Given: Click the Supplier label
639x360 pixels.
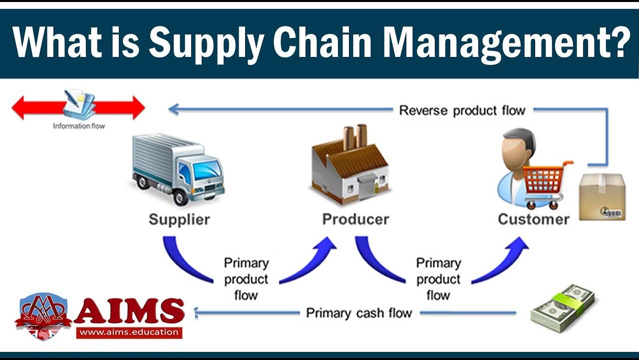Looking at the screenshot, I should (x=179, y=219).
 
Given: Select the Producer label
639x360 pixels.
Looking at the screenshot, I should (x=355, y=219).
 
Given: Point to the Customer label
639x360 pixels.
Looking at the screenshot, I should (x=534, y=219).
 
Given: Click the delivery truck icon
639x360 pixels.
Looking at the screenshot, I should (x=177, y=167).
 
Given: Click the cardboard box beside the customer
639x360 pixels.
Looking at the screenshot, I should (x=602, y=197).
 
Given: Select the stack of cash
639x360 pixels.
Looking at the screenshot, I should (x=563, y=308).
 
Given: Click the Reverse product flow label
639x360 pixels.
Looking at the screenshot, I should (x=462, y=110).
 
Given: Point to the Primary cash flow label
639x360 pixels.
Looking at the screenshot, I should (x=359, y=313).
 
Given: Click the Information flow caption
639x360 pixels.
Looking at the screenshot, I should (x=79, y=126).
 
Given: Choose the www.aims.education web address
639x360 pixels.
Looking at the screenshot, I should (x=129, y=332).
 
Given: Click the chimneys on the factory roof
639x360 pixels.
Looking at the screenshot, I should (x=354, y=136).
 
